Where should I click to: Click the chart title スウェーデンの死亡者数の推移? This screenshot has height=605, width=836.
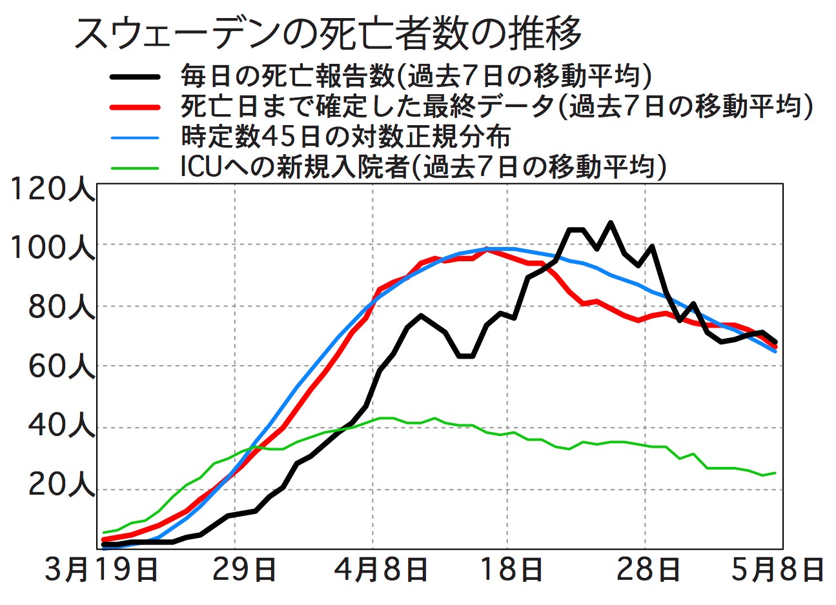point(328,34)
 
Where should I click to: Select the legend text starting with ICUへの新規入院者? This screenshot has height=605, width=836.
point(423,167)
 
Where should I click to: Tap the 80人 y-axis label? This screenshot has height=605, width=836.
point(61,308)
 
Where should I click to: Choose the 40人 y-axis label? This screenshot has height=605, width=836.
point(61,428)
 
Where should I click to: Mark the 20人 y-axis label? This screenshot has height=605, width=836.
point(61,488)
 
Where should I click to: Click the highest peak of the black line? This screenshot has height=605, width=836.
point(611,223)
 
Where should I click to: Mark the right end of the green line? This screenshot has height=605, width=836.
point(775,473)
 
